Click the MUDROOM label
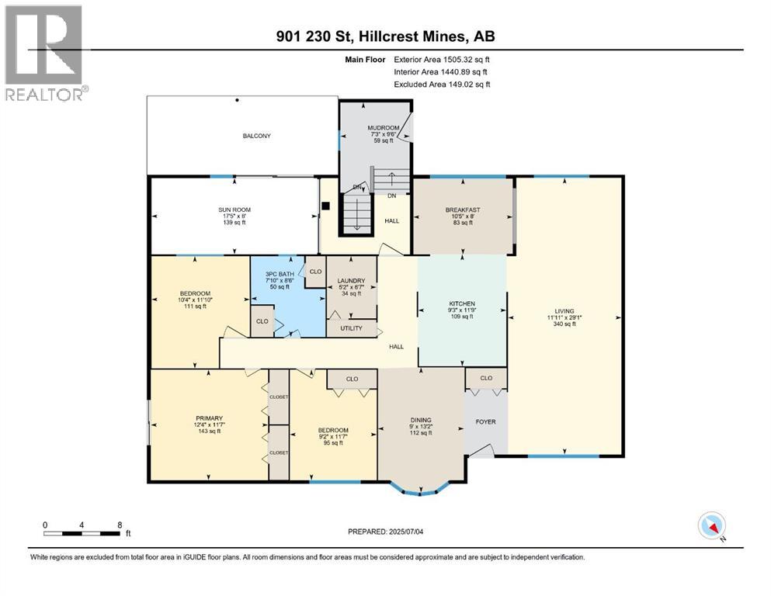click(384, 128)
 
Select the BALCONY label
click(257, 136)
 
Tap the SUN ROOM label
click(234, 210)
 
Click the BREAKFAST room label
click(463, 210)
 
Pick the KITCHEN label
click(462, 303)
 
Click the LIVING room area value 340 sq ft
click(564, 324)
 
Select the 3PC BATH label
click(280, 274)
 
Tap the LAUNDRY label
click(351, 281)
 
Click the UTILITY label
click(351, 328)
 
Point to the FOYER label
click(486, 421)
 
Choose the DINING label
click(421, 420)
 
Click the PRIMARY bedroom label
click(209, 418)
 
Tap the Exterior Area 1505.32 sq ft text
click(442, 60)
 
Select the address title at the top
click(385, 36)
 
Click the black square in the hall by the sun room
click(325, 206)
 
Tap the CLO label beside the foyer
click(486, 378)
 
